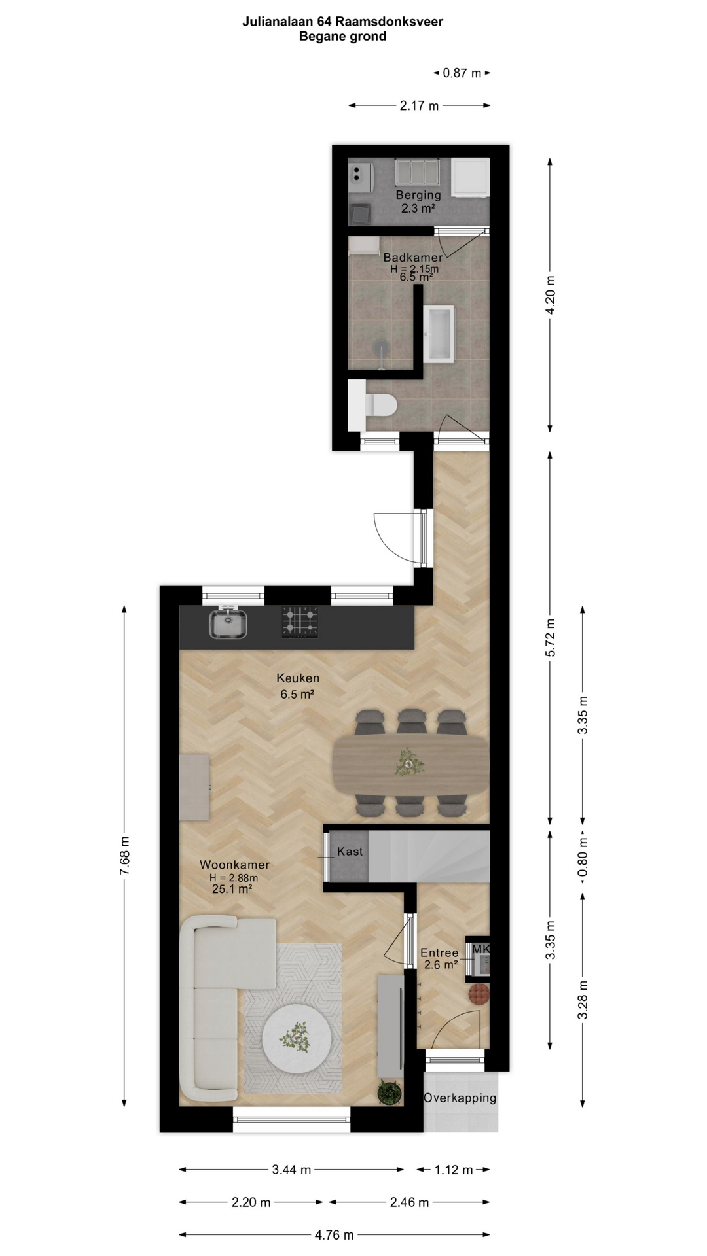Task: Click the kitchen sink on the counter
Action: click(x=228, y=623)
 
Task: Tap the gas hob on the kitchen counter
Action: click(x=300, y=622)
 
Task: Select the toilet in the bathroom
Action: click(x=373, y=406)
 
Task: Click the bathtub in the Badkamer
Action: click(x=439, y=334)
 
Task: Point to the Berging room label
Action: click(x=418, y=195)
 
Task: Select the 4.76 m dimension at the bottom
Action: click(x=334, y=1235)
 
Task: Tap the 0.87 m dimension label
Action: click(x=462, y=73)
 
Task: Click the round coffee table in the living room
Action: click(x=297, y=1039)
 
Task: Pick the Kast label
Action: click(x=350, y=852)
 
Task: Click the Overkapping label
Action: click(x=460, y=1098)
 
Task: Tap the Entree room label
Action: click(x=439, y=953)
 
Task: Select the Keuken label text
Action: click(x=298, y=678)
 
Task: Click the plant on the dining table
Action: click(x=410, y=762)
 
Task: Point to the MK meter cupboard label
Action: click(x=480, y=949)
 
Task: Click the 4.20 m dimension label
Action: click(x=551, y=294)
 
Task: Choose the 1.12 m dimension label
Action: click(x=454, y=1170)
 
